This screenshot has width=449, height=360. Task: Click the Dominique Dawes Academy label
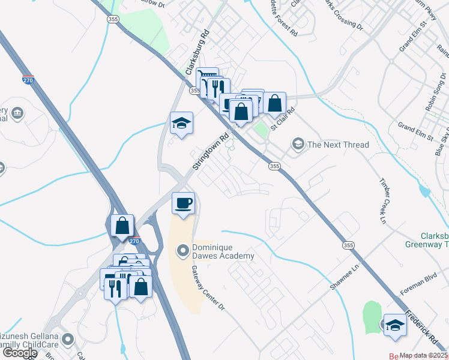tap(223, 251)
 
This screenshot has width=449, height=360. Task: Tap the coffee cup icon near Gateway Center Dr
tap(183, 203)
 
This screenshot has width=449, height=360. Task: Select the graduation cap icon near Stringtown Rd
tap(181, 124)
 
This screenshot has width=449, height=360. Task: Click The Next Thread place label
tap(338, 144)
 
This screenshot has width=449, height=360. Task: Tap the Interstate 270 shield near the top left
tap(28, 79)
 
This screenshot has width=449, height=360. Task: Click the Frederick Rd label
tap(425, 327)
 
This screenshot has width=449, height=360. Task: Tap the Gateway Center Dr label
tap(208, 289)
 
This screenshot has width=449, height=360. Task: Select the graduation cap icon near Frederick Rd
tap(395, 325)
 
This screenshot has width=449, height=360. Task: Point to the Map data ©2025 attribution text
tap(424, 355)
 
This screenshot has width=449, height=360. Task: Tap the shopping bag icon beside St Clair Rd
tap(274, 103)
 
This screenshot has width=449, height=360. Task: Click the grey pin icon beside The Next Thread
tap(298, 144)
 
